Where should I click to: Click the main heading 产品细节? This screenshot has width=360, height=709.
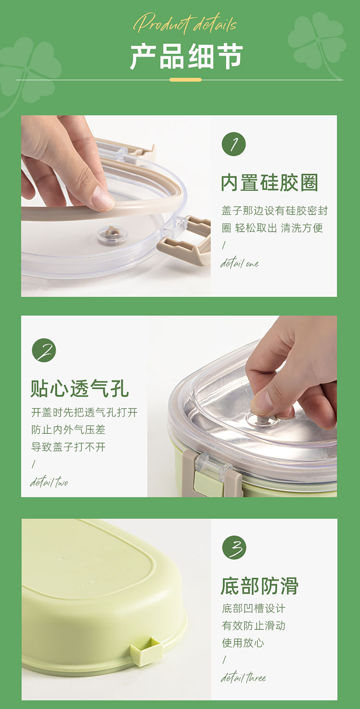186,56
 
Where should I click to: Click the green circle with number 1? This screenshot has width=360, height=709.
234,144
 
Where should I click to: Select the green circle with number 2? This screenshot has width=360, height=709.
44,350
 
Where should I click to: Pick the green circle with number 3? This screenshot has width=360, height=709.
234,548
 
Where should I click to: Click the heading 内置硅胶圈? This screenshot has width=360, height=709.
269,183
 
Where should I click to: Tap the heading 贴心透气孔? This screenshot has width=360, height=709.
79,388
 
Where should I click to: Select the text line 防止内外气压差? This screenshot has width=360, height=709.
68,430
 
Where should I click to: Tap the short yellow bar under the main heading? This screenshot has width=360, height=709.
186,80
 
